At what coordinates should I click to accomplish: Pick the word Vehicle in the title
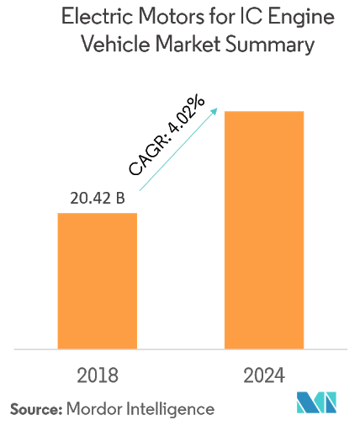(x=109, y=45)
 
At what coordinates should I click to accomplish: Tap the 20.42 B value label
(x=97, y=199)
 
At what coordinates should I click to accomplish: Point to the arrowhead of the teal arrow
(x=215, y=110)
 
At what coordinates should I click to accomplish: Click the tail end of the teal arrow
(x=140, y=192)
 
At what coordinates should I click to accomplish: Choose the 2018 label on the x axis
(x=97, y=375)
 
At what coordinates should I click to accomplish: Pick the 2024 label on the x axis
(x=262, y=375)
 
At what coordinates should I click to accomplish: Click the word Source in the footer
(x=34, y=409)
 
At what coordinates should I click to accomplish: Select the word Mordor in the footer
(x=93, y=409)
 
